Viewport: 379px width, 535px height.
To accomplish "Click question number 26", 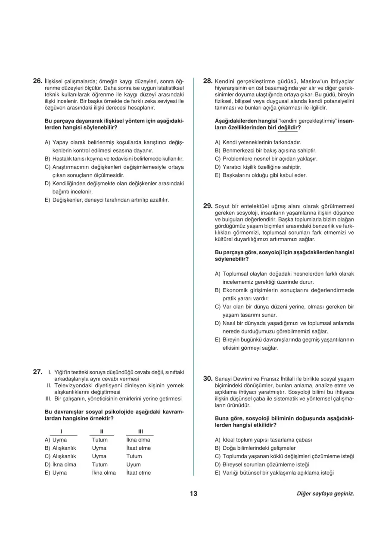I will (x=37, y=81).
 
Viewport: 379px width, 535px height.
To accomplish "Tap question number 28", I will (x=207, y=81).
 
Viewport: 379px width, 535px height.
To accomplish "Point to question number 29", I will (x=207, y=206).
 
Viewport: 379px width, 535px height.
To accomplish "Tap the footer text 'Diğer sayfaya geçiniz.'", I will (x=325, y=494).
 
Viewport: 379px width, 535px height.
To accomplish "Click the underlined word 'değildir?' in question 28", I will (x=289, y=128).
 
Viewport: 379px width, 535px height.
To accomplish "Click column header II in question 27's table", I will (x=100, y=431).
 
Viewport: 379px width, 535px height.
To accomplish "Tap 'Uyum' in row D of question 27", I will (x=133, y=464).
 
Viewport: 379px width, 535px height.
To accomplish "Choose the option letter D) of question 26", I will (x=47, y=183).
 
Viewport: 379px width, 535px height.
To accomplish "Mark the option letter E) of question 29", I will (x=217, y=339).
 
